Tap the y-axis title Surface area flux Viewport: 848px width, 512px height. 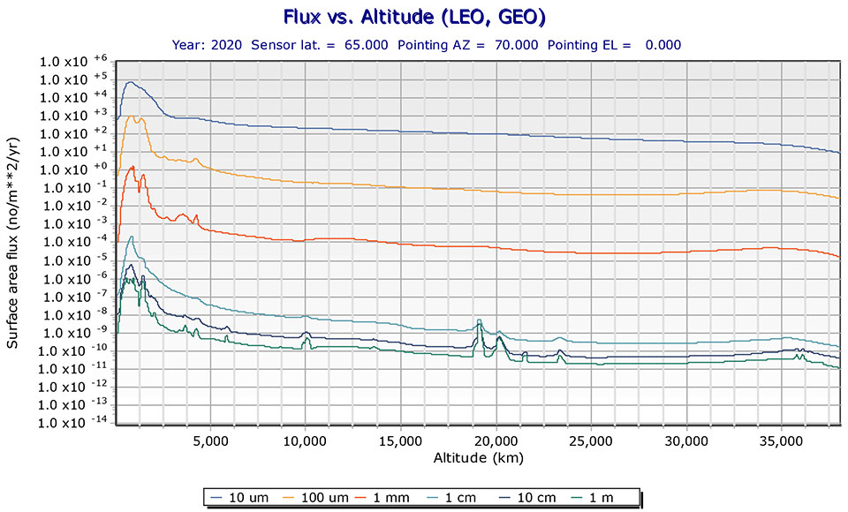pyautogui.click(x=14, y=242)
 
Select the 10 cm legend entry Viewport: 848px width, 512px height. pyautogui.click(x=537, y=497)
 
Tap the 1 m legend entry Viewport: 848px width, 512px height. pyautogui.click(x=609, y=497)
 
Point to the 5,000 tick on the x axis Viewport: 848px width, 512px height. pyautogui.click(x=210, y=441)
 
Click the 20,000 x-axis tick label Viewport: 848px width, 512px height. pyautogui.click(x=496, y=441)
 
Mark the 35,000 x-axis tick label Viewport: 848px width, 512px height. pyautogui.click(x=782, y=441)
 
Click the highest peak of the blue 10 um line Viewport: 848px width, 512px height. pyautogui.click(x=131, y=82)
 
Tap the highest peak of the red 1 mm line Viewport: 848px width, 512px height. pyautogui.click(x=132, y=166)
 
